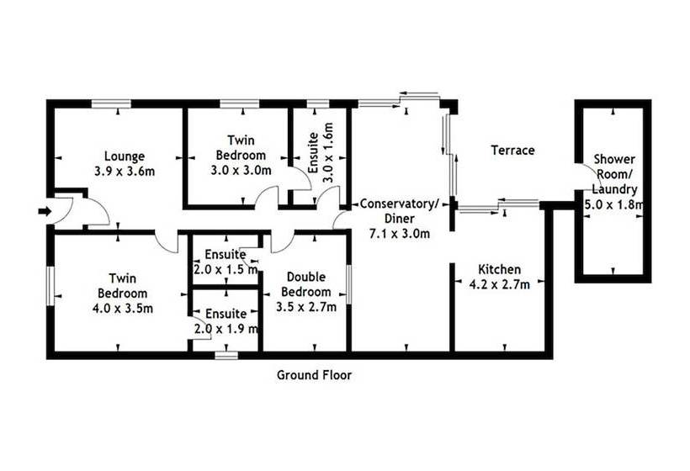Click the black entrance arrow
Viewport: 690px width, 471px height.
45,212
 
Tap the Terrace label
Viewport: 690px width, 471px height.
512,151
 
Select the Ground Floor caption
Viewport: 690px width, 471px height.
314,375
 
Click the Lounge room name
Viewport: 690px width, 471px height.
125,156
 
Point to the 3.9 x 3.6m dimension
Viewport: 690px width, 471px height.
125,171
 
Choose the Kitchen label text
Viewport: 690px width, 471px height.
500,269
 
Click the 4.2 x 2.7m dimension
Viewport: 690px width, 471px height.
500,284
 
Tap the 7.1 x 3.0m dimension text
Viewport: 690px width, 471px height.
399,234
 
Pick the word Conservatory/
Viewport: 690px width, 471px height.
399,204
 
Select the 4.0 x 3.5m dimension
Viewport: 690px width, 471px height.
123,309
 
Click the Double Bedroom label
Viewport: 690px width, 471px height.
305,284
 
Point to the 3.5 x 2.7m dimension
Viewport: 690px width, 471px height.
306,306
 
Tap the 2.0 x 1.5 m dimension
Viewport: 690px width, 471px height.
226,269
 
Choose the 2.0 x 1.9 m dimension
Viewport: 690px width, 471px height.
226,329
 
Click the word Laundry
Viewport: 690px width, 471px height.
615,189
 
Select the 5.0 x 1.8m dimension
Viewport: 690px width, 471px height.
614,204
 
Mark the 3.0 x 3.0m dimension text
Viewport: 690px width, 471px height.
241,170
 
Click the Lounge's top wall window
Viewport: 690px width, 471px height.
111,103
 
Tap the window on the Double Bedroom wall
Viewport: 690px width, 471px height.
349,283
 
